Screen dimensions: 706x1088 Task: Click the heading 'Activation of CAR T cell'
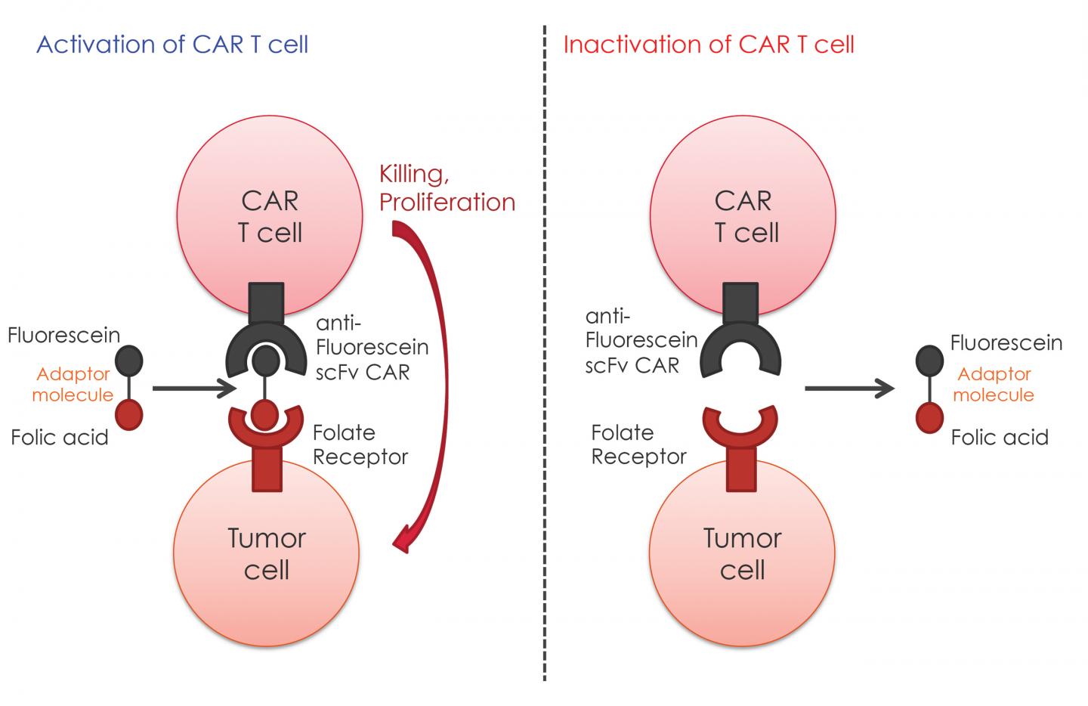[172, 45]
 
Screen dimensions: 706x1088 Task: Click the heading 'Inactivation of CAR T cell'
[709, 45]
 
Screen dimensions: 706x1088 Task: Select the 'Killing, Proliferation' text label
[447, 188]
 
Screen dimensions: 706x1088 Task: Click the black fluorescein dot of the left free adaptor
[129, 360]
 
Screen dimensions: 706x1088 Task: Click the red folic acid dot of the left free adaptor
[129, 415]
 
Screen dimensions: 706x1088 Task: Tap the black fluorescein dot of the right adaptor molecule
[929, 360]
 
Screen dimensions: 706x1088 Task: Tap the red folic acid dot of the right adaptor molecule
[929, 416]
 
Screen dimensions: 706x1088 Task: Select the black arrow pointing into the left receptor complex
[193, 389]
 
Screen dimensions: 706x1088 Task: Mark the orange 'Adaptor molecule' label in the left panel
[73, 384]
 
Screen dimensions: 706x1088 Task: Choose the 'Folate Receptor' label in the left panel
[360, 444]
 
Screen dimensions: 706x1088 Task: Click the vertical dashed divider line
[544, 355]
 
